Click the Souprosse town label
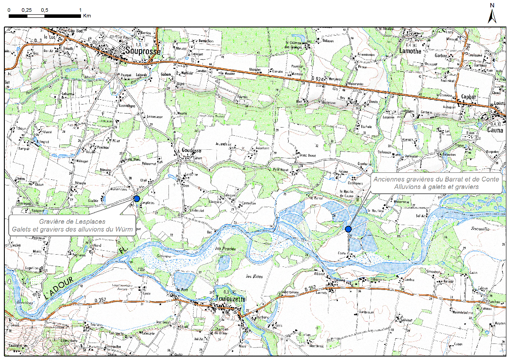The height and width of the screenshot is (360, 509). [142, 51]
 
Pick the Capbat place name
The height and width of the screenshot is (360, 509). [466, 97]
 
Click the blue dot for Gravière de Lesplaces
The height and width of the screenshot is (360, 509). [137, 199]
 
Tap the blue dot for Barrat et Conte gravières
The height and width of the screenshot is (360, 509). [348, 229]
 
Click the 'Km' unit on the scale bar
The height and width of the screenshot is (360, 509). [87, 16]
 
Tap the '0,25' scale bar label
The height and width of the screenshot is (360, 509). [27, 10]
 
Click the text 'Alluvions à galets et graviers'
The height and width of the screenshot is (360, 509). [436, 186]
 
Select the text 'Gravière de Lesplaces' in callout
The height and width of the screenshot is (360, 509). [72, 222]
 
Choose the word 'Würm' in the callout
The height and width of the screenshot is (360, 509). [124, 229]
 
